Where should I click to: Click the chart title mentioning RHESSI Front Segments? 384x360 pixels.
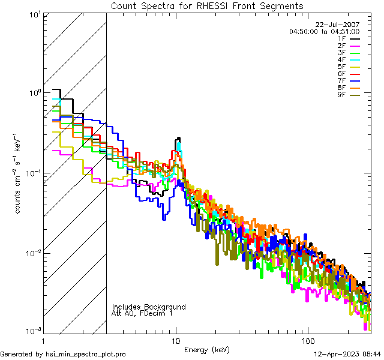click(207, 5)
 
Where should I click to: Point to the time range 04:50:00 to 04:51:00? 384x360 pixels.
click(324, 31)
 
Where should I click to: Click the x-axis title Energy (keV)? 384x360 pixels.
click(207, 350)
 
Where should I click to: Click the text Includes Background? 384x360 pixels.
click(149, 307)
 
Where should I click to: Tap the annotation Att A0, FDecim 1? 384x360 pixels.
click(142, 313)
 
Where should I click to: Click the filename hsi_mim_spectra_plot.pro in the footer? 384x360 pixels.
click(86, 354)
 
